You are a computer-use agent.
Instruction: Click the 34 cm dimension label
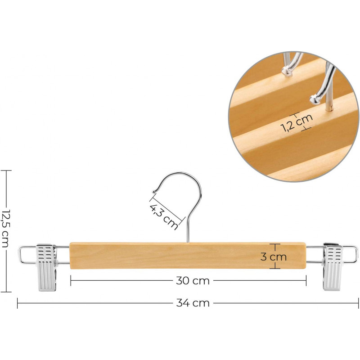coord(193,303)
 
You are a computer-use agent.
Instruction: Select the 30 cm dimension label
coord(193,280)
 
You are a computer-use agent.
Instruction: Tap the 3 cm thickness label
coord(274,256)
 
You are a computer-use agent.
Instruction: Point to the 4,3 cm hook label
coord(164,217)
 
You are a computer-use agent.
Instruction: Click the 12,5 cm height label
coord(5,229)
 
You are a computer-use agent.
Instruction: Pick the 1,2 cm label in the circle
coord(297,123)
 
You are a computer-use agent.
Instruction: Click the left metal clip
coord(47,267)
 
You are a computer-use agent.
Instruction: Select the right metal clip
coord(333,267)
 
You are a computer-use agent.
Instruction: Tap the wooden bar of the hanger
coord(188,256)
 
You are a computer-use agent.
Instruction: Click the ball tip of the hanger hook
coord(154,191)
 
